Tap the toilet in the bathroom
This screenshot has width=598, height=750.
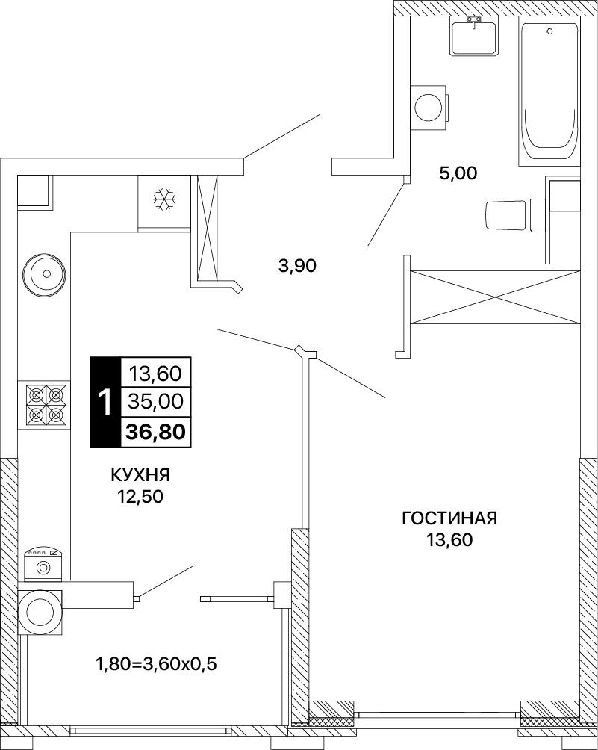[515, 214]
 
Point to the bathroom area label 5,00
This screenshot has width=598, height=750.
[458, 173]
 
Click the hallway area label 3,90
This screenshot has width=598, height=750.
[297, 264]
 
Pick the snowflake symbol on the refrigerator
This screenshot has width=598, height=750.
[164, 199]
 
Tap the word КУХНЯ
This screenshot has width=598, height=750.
[140, 475]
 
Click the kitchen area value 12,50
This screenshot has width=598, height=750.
[141, 497]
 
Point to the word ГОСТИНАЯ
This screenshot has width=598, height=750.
[450, 518]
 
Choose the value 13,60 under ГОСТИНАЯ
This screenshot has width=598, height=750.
[450, 539]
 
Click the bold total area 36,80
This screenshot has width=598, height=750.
[155, 432]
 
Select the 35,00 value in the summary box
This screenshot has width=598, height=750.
[155, 401]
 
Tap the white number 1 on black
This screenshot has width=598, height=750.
[105, 402]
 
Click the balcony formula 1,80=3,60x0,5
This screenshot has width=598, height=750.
[157, 664]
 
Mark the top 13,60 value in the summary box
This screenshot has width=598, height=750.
[155, 373]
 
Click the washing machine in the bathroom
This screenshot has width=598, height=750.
[431, 107]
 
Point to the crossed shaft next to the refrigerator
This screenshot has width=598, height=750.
[205, 228]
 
